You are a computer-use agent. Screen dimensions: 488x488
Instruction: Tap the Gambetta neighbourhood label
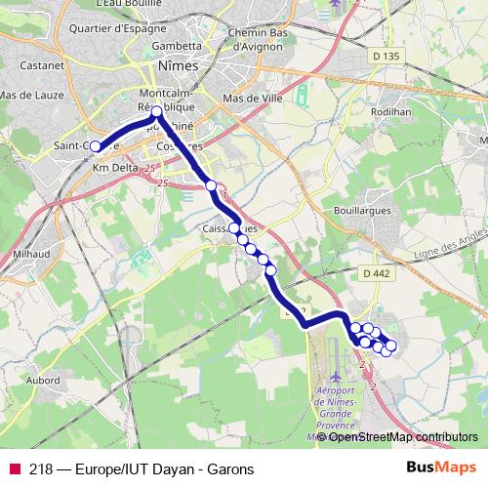tap(177, 45)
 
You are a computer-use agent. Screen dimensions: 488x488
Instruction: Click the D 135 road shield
tap(386, 58)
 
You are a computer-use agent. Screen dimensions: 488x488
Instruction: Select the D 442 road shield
tap(375, 274)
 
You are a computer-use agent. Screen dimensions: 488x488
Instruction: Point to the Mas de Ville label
tap(252, 100)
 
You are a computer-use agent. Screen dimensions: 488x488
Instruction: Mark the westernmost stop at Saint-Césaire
tap(95, 147)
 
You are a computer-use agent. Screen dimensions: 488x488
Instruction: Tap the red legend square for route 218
tap(14, 468)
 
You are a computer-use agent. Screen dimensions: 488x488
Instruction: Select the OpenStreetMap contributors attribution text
tap(402, 437)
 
